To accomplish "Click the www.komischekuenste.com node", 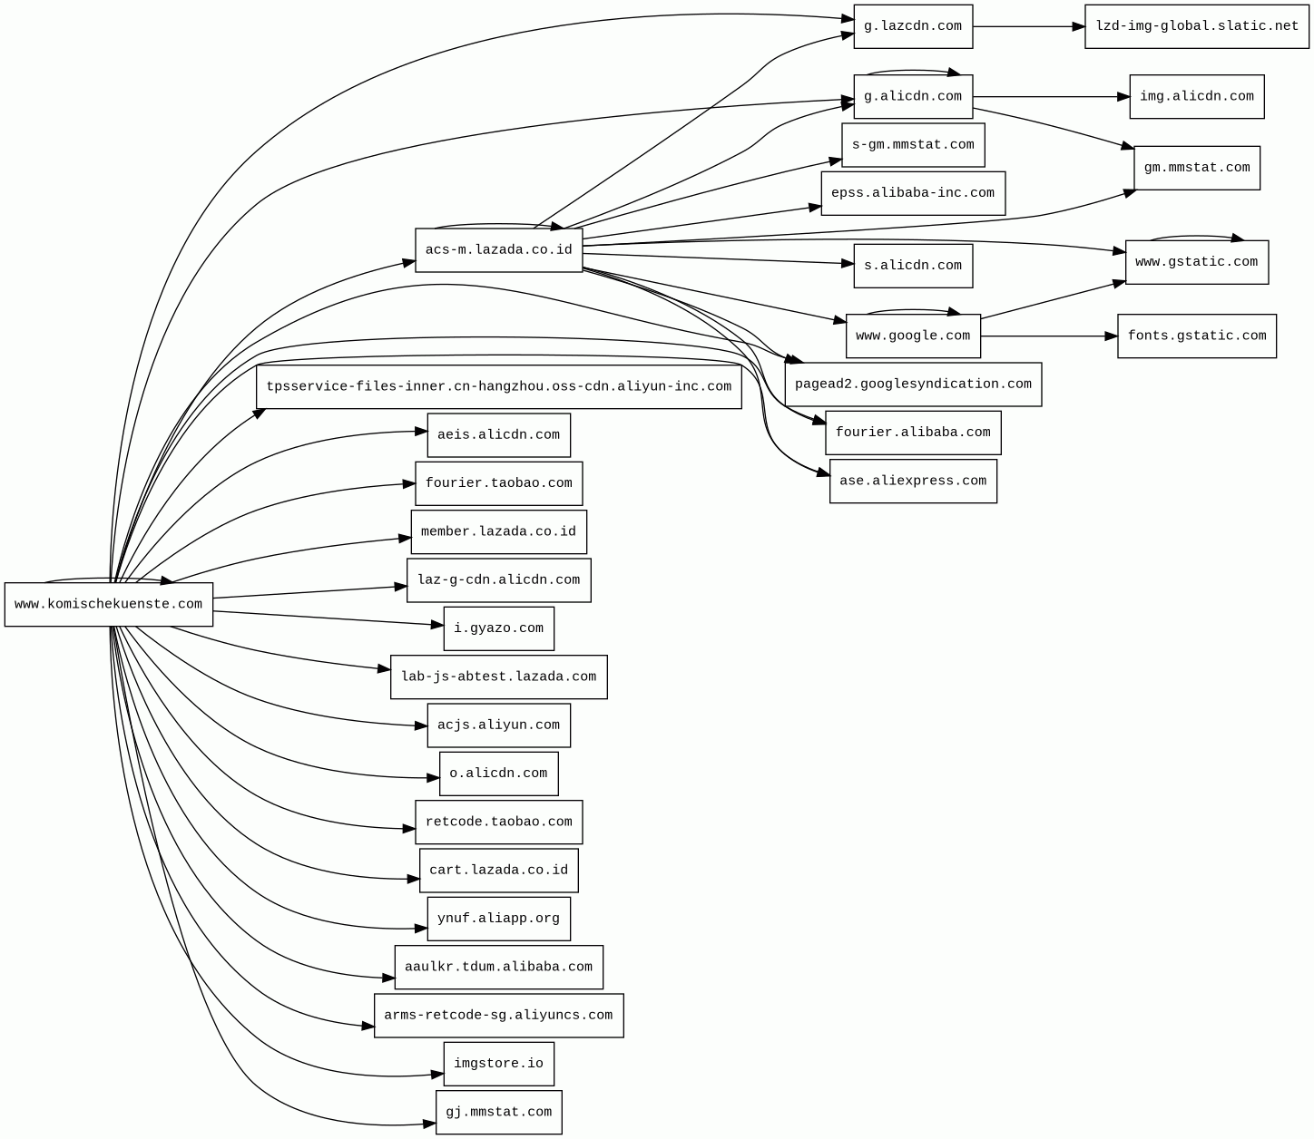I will [109, 604].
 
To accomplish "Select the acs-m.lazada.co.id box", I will [498, 250].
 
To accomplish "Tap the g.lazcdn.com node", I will [912, 26].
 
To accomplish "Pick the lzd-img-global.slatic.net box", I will [1196, 26].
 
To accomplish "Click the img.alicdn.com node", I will [1196, 96].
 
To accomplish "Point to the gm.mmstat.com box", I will [1196, 168].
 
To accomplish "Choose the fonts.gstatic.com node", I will [1196, 336].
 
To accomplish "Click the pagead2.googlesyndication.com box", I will [912, 385].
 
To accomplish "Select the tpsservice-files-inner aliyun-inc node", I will [498, 387].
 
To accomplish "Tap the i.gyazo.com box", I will [498, 628].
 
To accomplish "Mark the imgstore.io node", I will [498, 1064].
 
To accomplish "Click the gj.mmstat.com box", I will [498, 1112].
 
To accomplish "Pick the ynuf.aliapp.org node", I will [498, 919].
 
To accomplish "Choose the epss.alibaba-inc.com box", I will [912, 193].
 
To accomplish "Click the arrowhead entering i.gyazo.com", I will [436, 624].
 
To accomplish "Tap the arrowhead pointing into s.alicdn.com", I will [847, 264].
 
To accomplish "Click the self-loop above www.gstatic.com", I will [1196, 237].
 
